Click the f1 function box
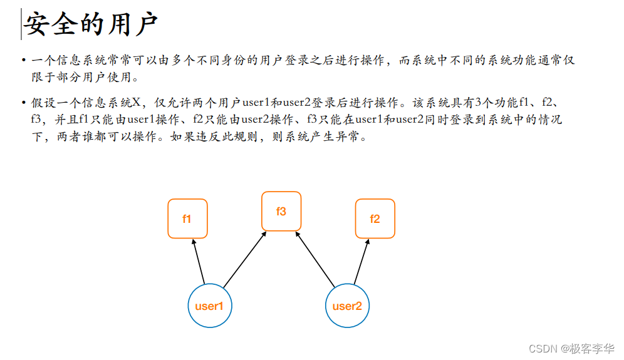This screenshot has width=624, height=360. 187,219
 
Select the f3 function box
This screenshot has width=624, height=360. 281,211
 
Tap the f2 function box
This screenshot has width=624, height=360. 375,219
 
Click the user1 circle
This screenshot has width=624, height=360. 209,306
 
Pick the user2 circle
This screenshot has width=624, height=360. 347,306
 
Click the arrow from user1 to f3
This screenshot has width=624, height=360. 245,259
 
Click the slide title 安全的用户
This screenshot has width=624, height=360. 90,26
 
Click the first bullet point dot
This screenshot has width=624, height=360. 24,61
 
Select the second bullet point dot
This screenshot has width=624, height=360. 24,101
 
